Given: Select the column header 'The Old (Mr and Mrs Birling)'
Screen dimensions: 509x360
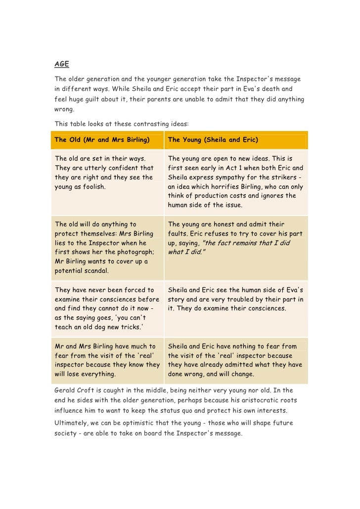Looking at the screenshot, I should point(102,140).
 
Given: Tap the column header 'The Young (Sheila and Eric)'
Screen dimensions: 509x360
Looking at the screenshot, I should point(213,140).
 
